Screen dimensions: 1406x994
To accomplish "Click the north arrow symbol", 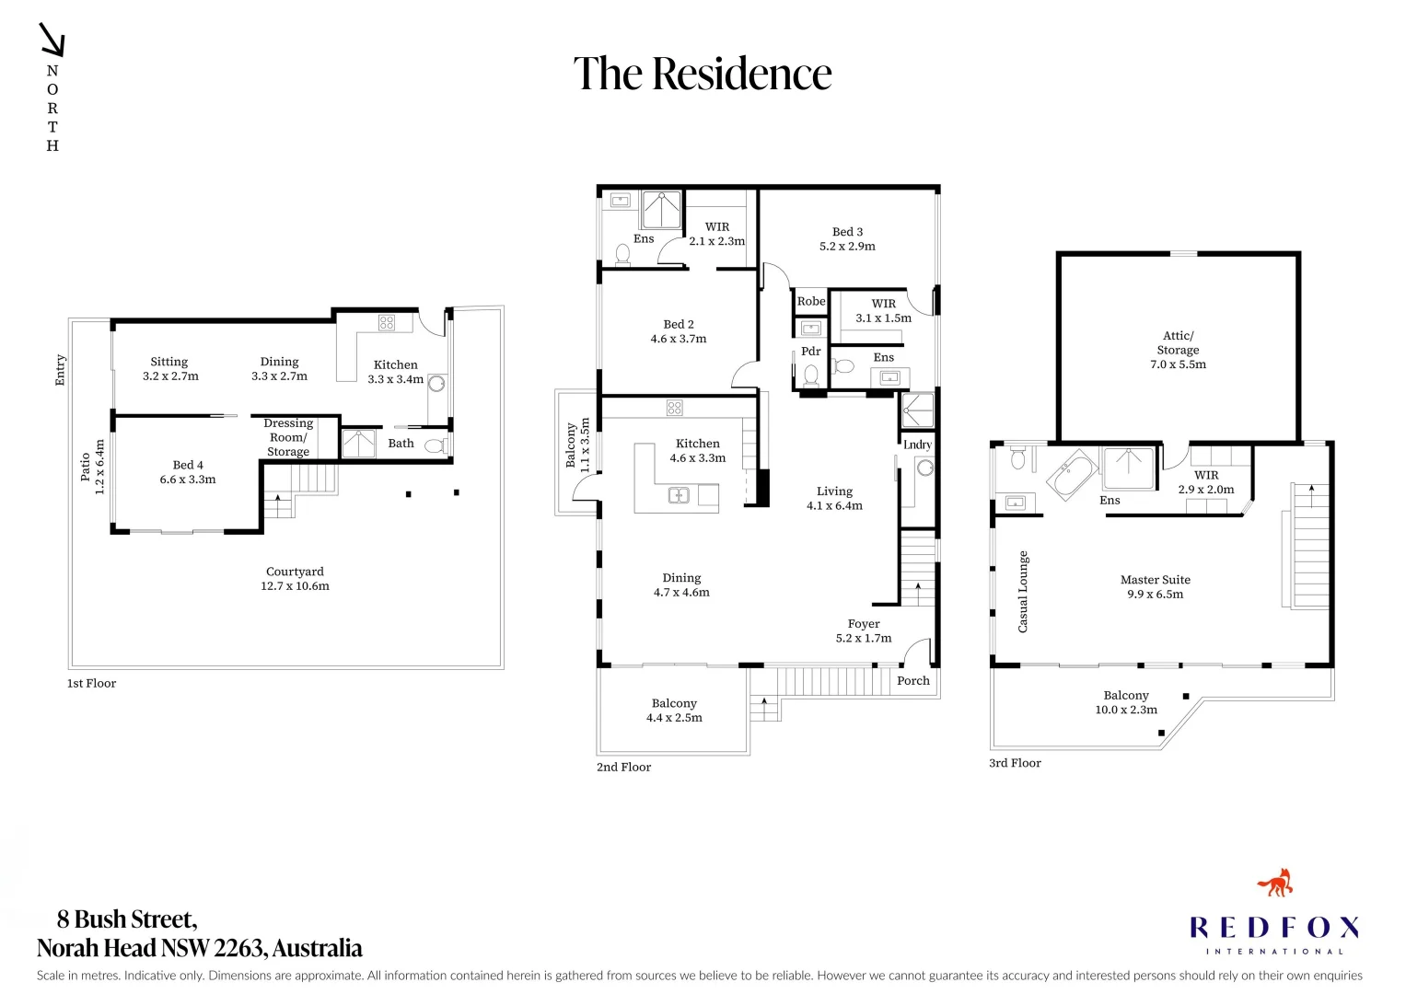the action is point(52,40).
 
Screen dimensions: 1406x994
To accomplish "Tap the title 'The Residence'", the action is point(703,74).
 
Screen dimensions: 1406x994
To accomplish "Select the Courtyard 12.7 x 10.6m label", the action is point(295,579).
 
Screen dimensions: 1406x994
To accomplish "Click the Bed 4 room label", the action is point(188,472).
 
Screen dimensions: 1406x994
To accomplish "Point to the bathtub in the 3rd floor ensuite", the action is point(1072,475).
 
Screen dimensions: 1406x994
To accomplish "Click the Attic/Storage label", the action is point(1179,350).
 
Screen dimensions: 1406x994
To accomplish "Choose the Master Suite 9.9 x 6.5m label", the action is point(1156,587).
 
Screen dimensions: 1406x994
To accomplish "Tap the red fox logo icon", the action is point(1275,884).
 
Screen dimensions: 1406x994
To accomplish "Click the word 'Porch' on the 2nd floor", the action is point(913,681).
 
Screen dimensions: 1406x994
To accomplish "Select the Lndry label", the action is point(917,445).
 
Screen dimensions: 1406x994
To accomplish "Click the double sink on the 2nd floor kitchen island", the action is point(679,495).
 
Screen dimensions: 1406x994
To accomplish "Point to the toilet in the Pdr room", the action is point(811,376).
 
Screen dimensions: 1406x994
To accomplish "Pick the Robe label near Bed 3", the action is point(811,301).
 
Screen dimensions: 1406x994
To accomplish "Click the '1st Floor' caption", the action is point(92,683).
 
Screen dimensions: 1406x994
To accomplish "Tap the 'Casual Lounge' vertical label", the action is point(1023,592).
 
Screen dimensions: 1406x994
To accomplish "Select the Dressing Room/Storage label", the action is point(288,437).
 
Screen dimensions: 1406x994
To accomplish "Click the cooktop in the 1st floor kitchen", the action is point(386,322).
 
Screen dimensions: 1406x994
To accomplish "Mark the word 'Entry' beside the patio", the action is point(60,370).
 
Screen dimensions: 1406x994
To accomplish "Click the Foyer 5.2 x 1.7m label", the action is point(864,630).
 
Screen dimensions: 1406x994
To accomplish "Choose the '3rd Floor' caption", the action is point(1015,763).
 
